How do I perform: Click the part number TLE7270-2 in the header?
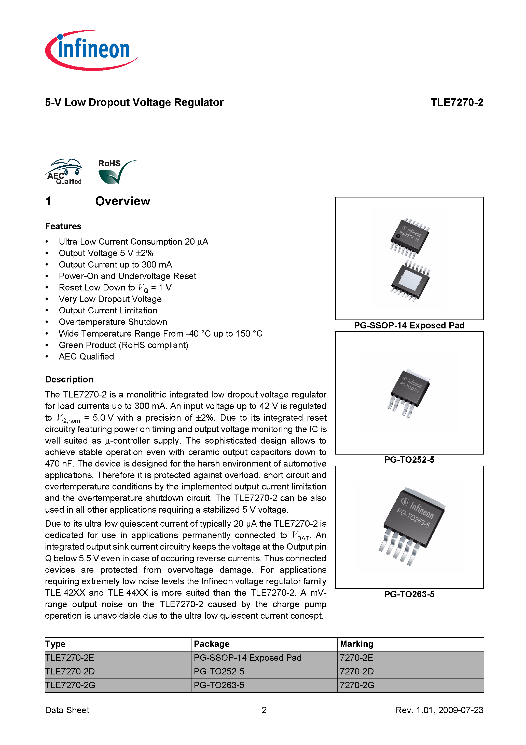[456, 102]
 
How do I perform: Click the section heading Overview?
[122, 201]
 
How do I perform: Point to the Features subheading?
[63, 226]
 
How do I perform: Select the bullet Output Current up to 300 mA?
[115, 264]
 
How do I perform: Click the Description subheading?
[69, 379]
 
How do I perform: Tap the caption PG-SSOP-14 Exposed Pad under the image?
[409, 325]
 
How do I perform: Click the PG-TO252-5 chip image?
[409, 393]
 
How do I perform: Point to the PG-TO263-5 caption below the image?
[409, 594]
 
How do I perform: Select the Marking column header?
[356, 644]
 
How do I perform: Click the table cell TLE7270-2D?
[70, 671]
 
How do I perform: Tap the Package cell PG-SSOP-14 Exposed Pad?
[247, 657]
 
